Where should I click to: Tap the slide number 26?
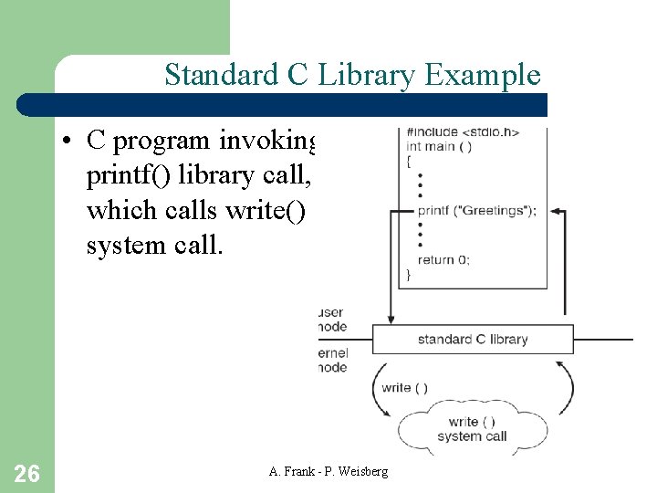[27, 473]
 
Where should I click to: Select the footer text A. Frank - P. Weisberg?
[328, 471]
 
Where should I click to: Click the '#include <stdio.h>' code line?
[463, 131]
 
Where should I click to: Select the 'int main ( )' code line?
[439, 146]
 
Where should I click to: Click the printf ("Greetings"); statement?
[477, 210]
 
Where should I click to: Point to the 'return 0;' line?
[443, 259]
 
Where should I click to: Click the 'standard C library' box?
[473, 339]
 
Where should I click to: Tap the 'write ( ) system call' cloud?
[472, 428]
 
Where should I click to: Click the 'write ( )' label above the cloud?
[405, 387]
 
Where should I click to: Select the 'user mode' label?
[331, 319]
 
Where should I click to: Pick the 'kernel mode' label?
[332, 361]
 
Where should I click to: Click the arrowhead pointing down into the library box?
[391, 319]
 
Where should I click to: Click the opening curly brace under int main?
[408, 160]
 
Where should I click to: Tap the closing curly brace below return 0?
[408, 273]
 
